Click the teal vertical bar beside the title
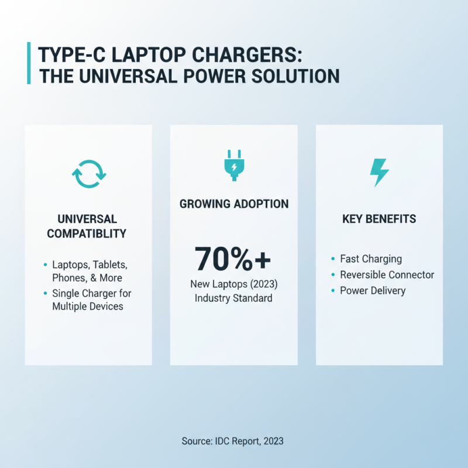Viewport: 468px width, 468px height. pos(29,63)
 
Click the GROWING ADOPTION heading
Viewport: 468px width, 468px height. pos(234,204)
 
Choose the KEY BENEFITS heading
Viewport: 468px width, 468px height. pos(379,219)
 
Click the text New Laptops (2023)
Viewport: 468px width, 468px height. pos(234,284)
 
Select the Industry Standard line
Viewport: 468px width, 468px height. pos(234,298)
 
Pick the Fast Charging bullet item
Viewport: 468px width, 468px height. pos(371,259)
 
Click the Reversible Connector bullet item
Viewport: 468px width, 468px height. pos(387,274)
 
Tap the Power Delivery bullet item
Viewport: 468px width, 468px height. pos(373,291)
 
